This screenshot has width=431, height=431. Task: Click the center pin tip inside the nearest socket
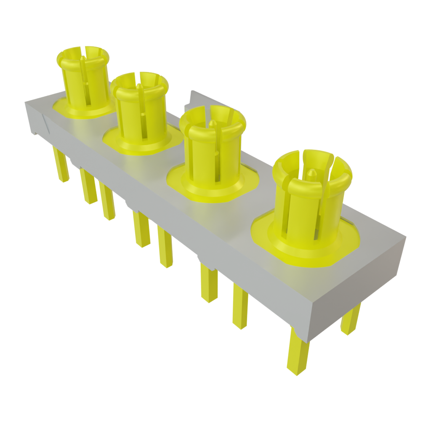312,173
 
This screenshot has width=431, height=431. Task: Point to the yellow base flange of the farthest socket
63,109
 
